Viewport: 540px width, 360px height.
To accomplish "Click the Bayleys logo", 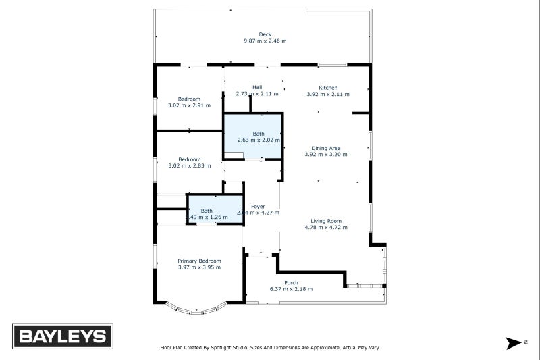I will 63,336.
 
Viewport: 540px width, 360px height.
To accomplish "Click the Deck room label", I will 265,34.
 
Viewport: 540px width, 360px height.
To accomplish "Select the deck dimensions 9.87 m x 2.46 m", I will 265,41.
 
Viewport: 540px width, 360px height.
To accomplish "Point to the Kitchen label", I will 328,88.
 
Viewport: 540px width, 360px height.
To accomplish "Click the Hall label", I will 257,87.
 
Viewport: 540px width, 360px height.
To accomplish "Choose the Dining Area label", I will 325,148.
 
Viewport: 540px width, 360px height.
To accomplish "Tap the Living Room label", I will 326,221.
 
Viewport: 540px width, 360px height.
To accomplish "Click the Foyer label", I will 258,206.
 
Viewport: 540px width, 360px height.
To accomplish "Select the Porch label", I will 291,283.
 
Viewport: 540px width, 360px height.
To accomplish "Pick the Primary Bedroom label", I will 199,261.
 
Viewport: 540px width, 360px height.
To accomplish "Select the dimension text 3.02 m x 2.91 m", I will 189,105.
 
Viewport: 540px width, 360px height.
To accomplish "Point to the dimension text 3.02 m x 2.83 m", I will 189,165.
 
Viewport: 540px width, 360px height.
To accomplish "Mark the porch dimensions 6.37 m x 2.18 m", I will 291,289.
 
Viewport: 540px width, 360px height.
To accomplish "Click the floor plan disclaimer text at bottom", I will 269,348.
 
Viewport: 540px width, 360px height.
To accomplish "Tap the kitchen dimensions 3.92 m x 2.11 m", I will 328,94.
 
